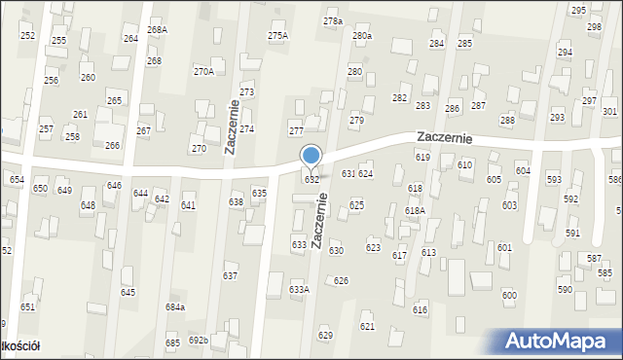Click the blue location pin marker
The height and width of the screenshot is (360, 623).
(x=311, y=156)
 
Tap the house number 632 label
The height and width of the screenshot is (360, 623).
(x=311, y=180)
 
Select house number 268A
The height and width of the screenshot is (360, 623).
(x=157, y=30)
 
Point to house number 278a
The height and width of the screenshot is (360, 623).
(x=333, y=20)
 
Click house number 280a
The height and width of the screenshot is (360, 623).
(x=362, y=36)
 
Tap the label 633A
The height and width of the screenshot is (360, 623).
(x=299, y=289)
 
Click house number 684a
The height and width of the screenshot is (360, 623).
(x=175, y=307)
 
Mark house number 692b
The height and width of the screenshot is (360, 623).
(x=199, y=340)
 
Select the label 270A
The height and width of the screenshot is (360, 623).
(x=203, y=71)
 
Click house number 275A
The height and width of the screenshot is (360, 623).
(x=277, y=36)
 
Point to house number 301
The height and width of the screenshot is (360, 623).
(x=609, y=112)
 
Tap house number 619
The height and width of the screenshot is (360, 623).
(x=422, y=157)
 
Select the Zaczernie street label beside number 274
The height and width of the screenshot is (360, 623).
(x=232, y=126)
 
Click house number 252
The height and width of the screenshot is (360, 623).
(x=27, y=36)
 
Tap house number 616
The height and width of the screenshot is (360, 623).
(x=420, y=309)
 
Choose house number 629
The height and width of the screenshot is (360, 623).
(x=325, y=335)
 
